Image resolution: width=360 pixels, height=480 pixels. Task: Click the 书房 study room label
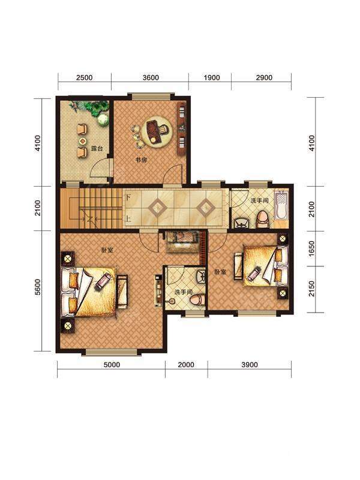pos(141,160)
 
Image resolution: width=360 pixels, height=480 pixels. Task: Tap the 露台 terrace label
pos(97,149)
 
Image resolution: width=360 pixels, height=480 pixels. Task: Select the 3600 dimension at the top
pos(151,77)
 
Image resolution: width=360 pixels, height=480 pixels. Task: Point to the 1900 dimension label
pos(212,77)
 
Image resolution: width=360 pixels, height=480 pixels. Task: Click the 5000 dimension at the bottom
pos(112,365)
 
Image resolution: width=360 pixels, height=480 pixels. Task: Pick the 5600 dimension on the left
pos(38,287)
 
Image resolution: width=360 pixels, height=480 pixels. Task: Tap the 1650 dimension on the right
pos(311,249)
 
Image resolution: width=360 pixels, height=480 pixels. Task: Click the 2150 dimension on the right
pos(311,289)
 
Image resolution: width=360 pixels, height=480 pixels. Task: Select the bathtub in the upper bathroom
pos(281,205)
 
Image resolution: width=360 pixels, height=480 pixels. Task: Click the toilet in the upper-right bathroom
pos(262,219)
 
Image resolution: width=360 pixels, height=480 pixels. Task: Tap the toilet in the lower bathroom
pos(197,300)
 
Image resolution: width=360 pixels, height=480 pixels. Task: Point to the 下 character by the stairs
pos(128,197)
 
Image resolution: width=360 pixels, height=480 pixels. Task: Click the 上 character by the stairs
pos(128,219)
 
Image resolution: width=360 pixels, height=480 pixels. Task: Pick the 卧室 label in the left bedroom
pos(107,250)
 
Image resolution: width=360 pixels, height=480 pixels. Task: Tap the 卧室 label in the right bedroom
pos(220,272)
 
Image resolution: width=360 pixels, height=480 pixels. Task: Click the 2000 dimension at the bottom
pos(186,365)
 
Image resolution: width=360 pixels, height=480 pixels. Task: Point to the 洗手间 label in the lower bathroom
pos(184,292)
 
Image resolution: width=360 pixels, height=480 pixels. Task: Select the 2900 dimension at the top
pos(264,77)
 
